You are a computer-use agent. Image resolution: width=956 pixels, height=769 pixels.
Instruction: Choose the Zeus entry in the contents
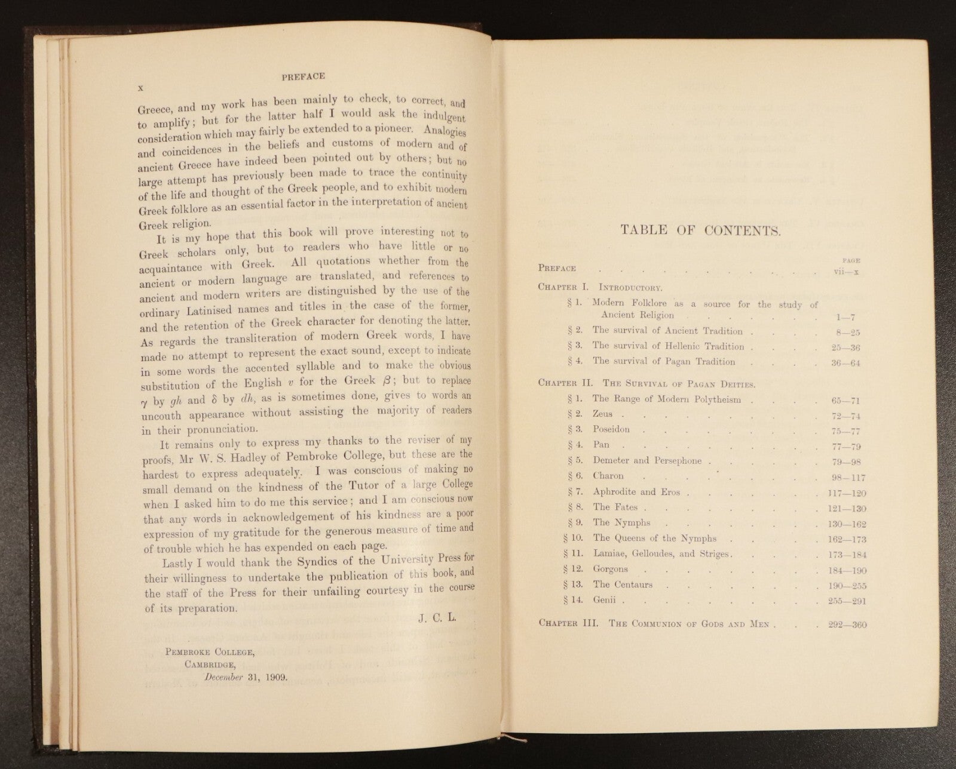point(602,414)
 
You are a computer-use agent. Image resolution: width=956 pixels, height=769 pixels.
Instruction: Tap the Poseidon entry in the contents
point(611,429)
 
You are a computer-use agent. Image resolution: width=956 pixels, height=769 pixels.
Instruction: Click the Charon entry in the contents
point(608,476)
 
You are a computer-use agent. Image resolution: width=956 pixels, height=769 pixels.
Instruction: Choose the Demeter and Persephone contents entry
point(647,460)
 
